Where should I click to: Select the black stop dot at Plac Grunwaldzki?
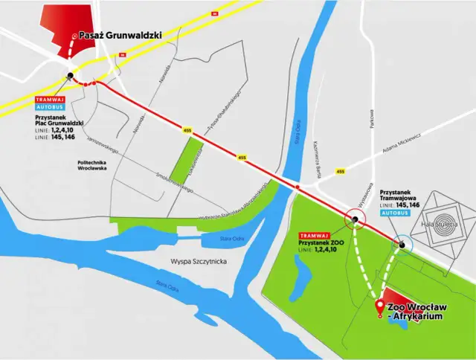tap(70, 75)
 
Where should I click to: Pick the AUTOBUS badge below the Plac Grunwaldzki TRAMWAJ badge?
tap(50, 107)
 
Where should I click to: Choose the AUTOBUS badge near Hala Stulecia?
tap(394, 212)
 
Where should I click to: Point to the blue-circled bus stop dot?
tap(402, 243)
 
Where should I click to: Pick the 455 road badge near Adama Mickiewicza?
tap(341, 172)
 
